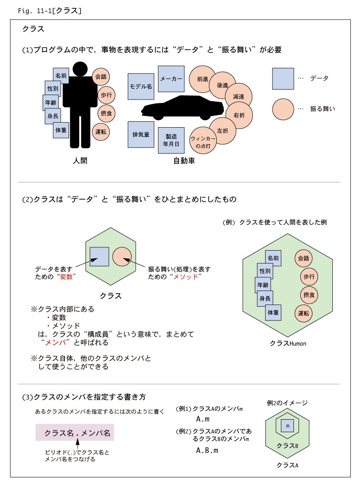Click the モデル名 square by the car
point(141,87)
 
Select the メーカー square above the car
point(171,79)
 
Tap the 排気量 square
point(141,135)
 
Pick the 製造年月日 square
point(171,140)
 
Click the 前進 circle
point(203,79)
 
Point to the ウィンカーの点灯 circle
point(203,141)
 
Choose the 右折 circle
point(239,115)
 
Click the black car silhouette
point(183,108)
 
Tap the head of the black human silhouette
point(80,69)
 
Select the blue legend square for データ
point(283,79)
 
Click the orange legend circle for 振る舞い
point(283,109)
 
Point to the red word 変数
point(66,277)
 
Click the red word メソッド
point(186,277)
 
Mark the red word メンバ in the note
point(56,343)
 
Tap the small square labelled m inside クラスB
point(288,426)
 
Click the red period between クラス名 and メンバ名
point(77,435)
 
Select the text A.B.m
point(207,451)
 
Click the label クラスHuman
point(288,343)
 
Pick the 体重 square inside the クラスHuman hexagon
point(273,313)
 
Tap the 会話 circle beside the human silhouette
point(101,77)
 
